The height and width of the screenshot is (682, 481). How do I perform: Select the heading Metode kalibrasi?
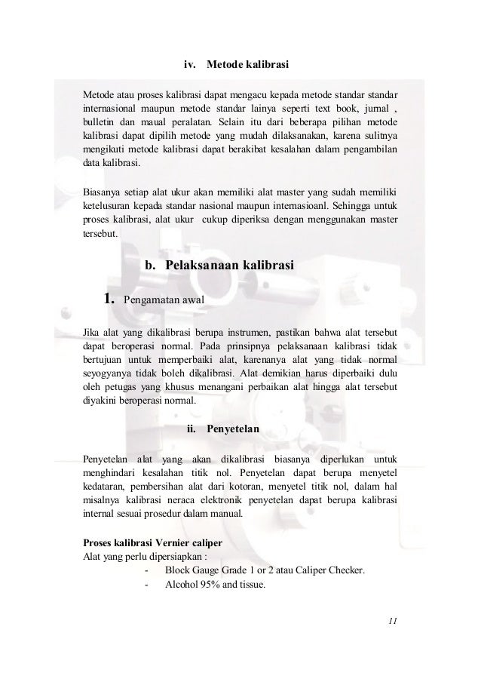point(248,64)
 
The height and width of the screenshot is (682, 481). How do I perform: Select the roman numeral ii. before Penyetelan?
point(191,429)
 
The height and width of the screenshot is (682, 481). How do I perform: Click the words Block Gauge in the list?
point(196,573)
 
